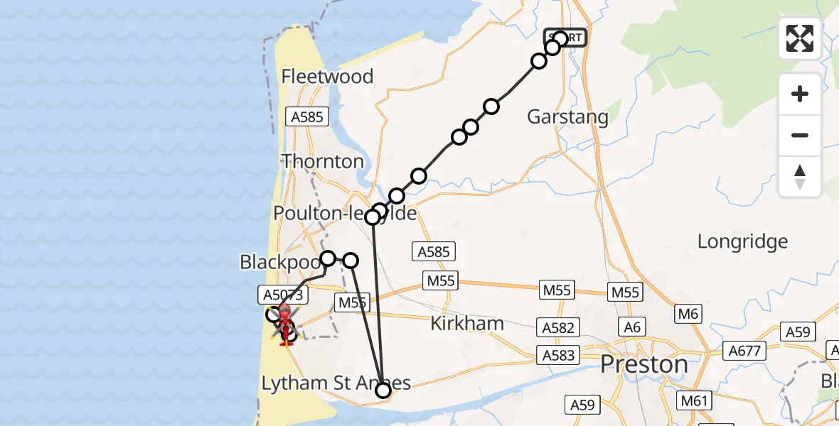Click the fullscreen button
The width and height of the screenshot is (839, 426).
[800, 38]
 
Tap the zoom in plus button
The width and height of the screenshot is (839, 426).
[800, 94]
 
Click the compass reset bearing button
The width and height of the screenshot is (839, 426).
[800, 176]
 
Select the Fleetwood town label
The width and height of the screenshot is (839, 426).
[327, 77]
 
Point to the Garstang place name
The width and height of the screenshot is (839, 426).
[567, 117]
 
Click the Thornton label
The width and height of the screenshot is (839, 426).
[324, 161]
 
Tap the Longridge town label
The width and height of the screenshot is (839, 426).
[742, 241]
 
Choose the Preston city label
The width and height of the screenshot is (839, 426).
[644, 364]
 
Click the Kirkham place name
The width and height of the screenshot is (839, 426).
[467, 324]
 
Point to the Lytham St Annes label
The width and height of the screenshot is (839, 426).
[336, 383]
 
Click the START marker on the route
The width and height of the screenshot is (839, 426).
[566, 38]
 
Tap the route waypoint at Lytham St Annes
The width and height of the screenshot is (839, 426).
[383, 390]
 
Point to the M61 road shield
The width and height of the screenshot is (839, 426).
[695, 401]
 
